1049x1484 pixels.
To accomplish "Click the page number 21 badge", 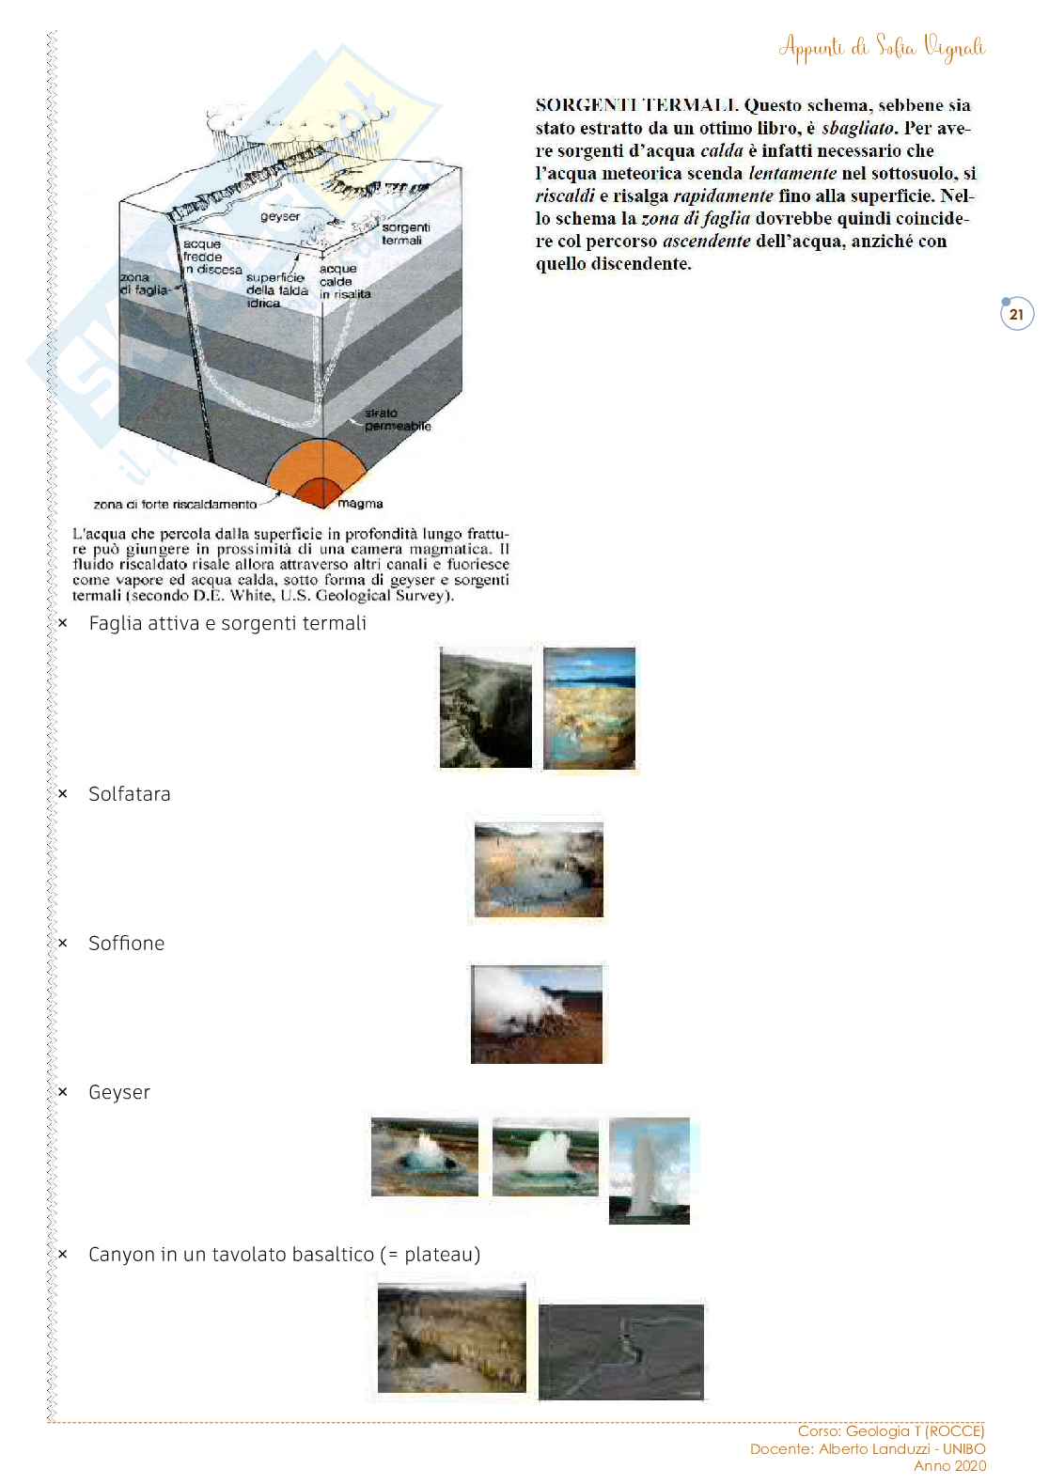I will pos(1016,315).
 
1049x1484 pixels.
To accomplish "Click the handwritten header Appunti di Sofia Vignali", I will pos(882,47).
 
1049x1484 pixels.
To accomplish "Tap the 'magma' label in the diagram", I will pos(360,504).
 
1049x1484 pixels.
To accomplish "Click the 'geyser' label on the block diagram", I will pos(280,217).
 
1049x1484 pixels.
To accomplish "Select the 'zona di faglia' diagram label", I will pos(146,284).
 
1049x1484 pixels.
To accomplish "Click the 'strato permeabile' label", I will pos(397,419).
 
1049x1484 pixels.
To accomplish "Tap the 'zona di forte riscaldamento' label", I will pos(175,505).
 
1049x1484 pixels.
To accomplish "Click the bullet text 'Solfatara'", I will pos(130,794).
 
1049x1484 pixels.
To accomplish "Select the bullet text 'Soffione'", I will pos(127,944).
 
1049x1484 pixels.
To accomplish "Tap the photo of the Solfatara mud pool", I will pos(539,869).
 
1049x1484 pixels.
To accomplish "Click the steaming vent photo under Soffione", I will pos(537,1014).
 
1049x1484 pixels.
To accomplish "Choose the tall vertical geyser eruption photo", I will pos(650,1170).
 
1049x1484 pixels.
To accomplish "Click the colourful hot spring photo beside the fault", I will pos(589,708).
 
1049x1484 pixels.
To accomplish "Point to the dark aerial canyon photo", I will pos(621,1351).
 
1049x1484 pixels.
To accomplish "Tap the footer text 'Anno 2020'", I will pos(950,1465).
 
